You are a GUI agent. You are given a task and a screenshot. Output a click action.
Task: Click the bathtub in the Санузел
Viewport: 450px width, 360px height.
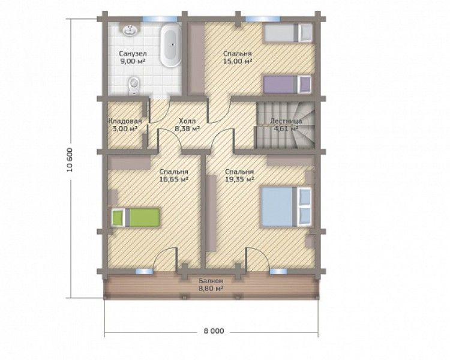170,46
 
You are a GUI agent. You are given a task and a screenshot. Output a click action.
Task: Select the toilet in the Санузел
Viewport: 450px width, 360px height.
134,85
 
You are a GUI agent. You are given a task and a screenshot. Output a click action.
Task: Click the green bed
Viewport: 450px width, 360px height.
135,218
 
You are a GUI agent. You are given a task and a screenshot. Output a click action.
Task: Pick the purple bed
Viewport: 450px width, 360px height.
287,85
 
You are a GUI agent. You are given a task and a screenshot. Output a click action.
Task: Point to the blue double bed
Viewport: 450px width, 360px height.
286,207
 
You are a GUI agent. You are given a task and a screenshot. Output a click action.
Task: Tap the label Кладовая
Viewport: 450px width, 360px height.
125,121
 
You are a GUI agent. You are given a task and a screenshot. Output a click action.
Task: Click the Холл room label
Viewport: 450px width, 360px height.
187,121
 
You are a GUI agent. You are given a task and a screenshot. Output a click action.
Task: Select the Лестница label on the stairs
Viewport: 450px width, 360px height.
286,121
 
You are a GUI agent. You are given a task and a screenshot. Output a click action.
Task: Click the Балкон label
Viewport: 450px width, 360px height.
211,281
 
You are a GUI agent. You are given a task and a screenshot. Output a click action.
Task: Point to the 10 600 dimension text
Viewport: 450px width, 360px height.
70,160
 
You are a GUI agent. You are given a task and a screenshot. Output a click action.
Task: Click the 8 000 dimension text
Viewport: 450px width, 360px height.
214,331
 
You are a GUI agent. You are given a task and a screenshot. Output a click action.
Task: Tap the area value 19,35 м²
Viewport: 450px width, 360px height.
239,179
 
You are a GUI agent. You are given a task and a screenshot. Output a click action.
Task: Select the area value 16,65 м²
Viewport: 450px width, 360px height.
174,179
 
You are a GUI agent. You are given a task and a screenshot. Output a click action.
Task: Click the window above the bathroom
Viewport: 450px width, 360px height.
160,19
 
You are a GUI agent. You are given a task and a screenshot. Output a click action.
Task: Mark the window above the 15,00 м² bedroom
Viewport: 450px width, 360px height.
263,19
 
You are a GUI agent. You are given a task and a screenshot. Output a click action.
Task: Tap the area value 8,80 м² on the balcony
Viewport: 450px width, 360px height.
211,289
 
